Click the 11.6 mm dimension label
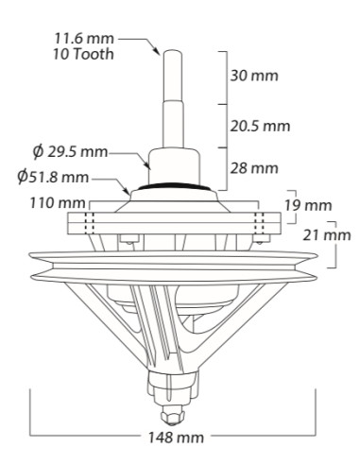coord(84,39)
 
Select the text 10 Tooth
coord(83,54)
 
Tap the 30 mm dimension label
coord(254,76)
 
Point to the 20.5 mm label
coord(260,126)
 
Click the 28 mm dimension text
coord(254,168)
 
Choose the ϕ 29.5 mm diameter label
coord(71,152)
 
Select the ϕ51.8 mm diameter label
coord(53,177)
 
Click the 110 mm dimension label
coord(58,203)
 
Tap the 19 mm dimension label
coord(309,206)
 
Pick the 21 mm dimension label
coord(327,235)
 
